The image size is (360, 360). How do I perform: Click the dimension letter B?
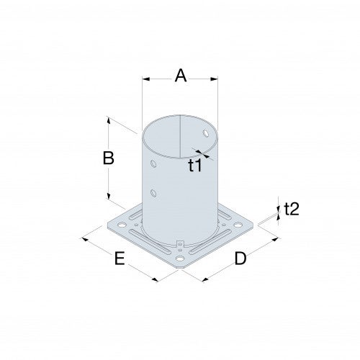click(x=108, y=159)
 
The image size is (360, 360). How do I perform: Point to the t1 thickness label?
click(x=195, y=166)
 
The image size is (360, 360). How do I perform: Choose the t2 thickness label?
click(x=292, y=210)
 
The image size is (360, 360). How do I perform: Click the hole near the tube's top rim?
click(x=207, y=134)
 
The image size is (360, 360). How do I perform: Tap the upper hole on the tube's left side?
click(x=152, y=164)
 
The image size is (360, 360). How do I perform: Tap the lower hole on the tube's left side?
click(x=153, y=193)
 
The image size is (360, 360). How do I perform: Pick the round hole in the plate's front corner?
click(x=179, y=258)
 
